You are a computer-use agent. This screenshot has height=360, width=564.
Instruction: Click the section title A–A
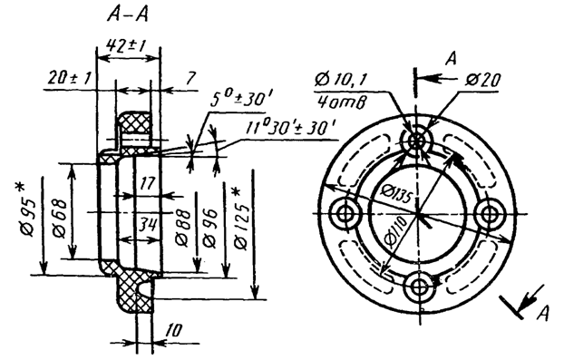[x=128, y=15]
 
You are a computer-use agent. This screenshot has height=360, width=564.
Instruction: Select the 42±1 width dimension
[x=126, y=46]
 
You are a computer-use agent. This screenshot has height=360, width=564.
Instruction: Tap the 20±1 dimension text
[x=70, y=78]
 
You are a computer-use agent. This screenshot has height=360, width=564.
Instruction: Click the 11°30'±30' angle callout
[x=291, y=128]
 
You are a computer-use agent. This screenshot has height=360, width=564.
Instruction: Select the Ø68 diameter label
[x=60, y=218]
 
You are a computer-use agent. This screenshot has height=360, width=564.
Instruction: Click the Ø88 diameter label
[x=182, y=228]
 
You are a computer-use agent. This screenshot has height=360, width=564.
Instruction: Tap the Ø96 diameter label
[x=210, y=228]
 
